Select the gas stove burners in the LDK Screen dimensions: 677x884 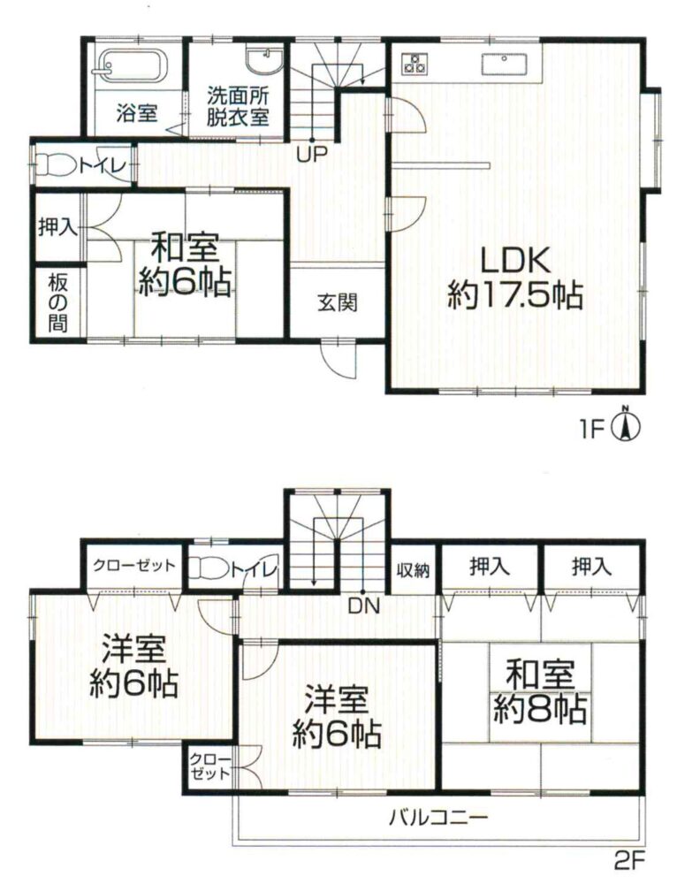(x=415, y=62)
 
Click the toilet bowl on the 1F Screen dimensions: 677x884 (x=56, y=165)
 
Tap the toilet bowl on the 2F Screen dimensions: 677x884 (x=209, y=568)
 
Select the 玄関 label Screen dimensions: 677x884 (x=337, y=303)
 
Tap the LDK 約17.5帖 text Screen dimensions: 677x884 (x=515, y=278)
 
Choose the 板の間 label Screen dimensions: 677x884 (x=58, y=303)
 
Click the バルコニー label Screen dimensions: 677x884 (x=438, y=817)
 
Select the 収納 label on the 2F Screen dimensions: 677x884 (x=413, y=570)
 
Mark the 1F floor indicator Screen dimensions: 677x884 (x=590, y=431)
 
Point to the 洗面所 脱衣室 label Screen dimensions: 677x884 (x=238, y=106)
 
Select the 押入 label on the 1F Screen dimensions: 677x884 (x=57, y=227)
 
